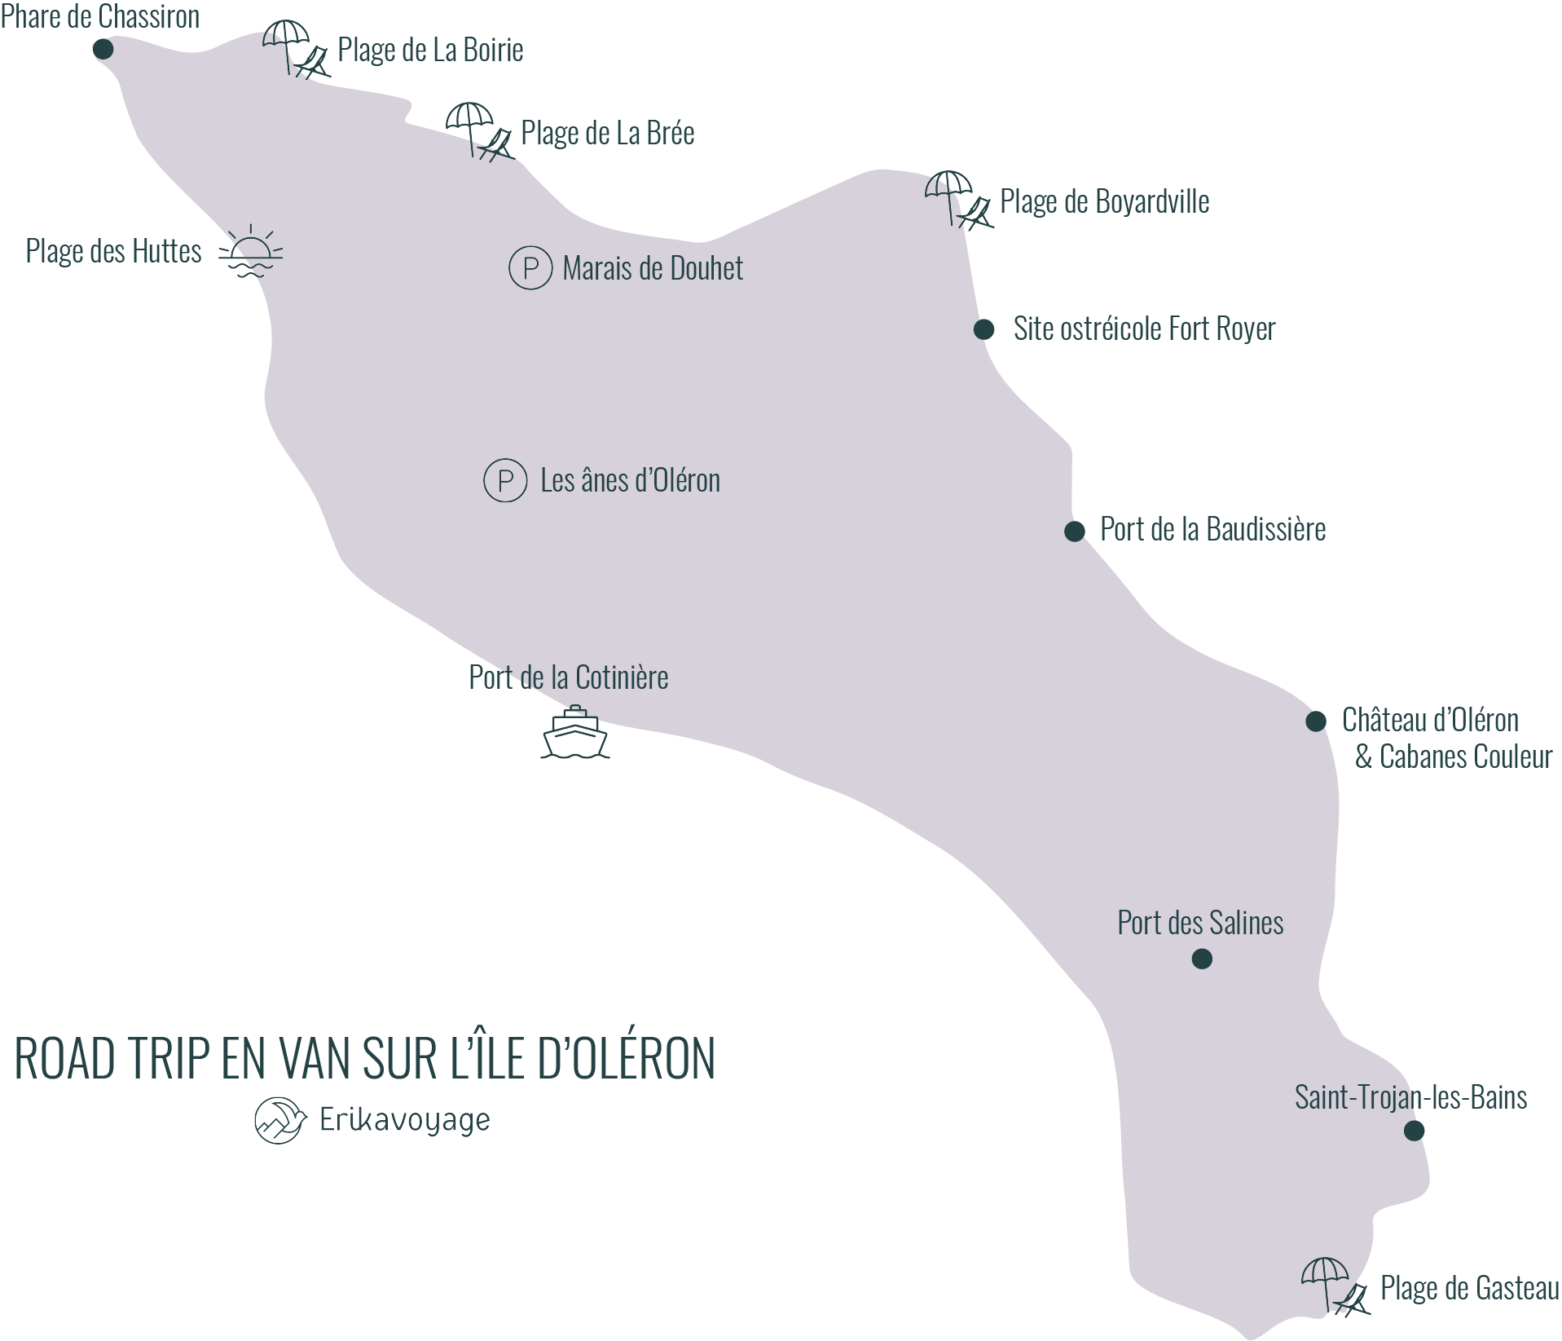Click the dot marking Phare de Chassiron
[x=103, y=50]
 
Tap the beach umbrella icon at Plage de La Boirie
[x=295, y=50]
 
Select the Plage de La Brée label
[x=607, y=134]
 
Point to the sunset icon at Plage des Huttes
[x=250, y=252]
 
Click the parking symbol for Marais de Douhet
[x=530, y=267]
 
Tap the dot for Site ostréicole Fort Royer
[x=983, y=329]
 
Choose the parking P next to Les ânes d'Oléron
[x=505, y=480]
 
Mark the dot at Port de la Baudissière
[x=1075, y=532]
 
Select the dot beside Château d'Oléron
[x=1316, y=721]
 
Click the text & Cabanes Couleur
[x=1454, y=757]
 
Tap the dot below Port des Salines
[x=1202, y=959]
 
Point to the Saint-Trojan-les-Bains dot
[x=1414, y=1131]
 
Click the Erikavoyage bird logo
[x=279, y=1120]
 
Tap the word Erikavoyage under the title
[x=404, y=1121]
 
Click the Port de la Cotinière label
[x=568, y=677]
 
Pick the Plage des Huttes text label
[x=113, y=251]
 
